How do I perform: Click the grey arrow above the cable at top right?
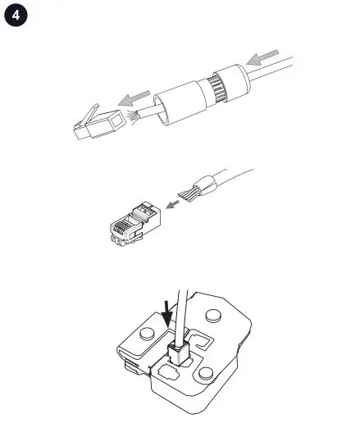click(x=267, y=58)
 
